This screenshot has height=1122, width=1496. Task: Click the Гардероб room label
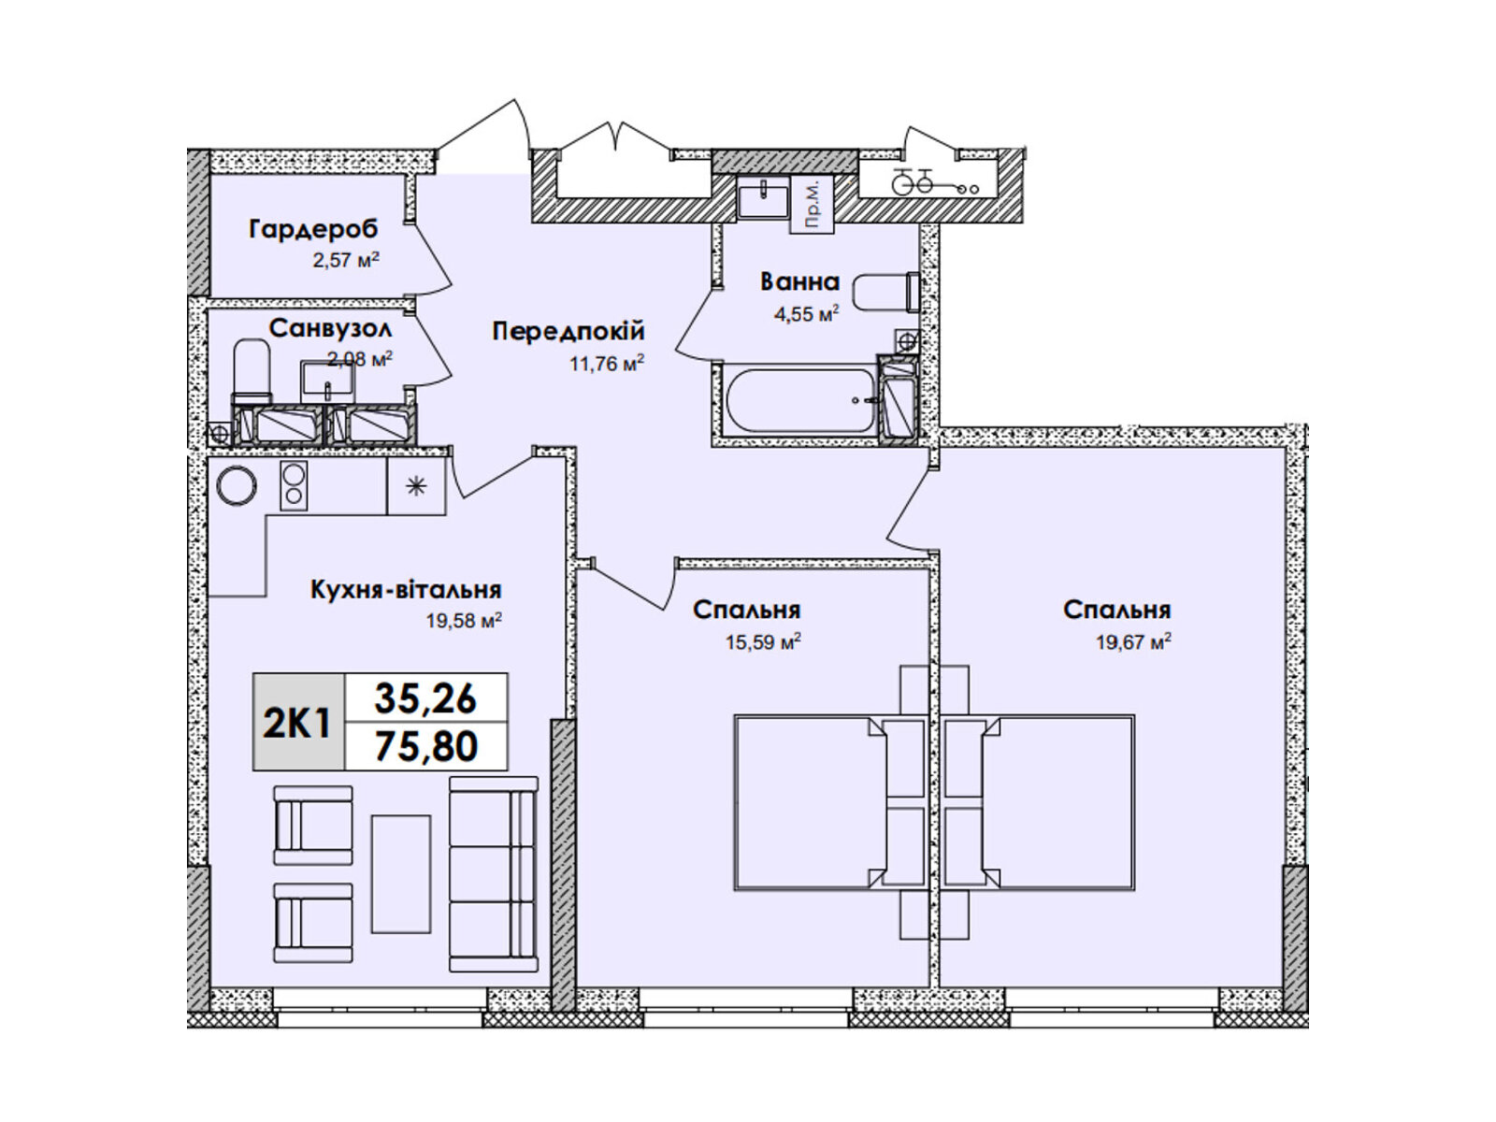313,230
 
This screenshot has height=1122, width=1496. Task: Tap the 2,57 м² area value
346,260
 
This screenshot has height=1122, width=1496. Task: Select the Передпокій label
568,332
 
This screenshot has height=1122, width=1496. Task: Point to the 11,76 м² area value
607,364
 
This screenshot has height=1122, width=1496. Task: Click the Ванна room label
799,282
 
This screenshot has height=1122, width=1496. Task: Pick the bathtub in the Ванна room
799,400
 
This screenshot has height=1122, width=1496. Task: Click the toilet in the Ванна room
885,293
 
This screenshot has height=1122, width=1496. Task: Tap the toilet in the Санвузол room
252,373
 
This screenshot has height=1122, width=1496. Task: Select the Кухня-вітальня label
406,589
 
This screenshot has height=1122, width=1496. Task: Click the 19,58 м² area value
464,621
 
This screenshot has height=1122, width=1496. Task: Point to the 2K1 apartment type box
298,722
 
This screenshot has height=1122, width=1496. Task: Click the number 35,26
426,699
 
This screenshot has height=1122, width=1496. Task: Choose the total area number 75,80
426,746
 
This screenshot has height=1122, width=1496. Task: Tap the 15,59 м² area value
763,642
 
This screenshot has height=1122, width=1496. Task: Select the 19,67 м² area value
1133,642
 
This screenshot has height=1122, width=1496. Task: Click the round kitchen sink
237,485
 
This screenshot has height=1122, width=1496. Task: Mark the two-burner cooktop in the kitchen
294,485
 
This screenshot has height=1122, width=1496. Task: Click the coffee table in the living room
401,874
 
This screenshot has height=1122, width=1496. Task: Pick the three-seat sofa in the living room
494,874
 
